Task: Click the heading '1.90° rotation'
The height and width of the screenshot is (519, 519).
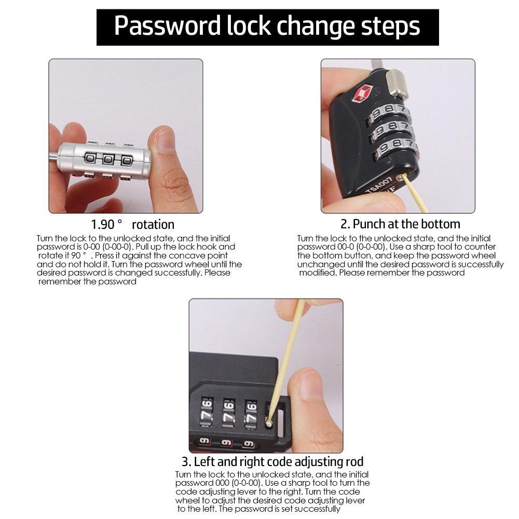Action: click(x=133, y=225)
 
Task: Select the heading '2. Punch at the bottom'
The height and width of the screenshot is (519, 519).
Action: click(x=400, y=224)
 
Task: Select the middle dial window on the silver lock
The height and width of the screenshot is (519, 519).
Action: click(x=108, y=159)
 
